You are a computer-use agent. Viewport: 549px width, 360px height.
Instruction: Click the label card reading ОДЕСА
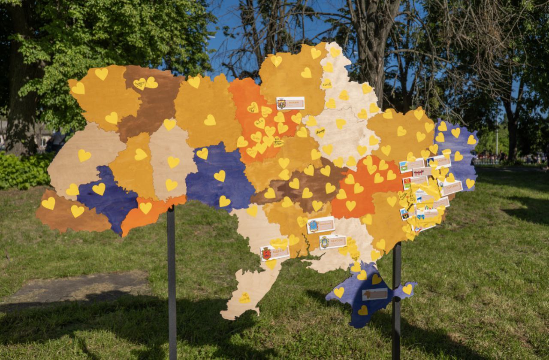[274, 252]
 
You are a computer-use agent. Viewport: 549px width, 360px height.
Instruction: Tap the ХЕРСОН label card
[332, 242]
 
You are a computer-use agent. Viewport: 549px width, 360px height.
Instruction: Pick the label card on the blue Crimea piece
[374, 294]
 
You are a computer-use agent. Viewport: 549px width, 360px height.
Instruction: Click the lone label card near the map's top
[290, 103]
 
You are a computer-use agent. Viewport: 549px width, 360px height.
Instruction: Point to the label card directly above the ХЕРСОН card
[320, 225]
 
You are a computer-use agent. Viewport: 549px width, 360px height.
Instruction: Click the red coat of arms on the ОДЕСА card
[266, 254]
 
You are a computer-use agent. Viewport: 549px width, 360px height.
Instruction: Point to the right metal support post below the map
[396, 300]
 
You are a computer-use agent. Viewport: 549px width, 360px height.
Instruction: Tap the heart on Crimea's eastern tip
[407, 289]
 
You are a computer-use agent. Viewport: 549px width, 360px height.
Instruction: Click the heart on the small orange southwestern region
[145, 208]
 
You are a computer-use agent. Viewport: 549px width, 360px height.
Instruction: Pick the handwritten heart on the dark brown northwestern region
[139, 84]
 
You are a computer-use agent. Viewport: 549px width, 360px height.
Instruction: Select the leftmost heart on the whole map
[48, 203]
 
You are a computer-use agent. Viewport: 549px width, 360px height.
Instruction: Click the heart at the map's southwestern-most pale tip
[244, 298]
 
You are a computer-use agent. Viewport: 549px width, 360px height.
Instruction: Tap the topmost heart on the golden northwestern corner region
[102, 74]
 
